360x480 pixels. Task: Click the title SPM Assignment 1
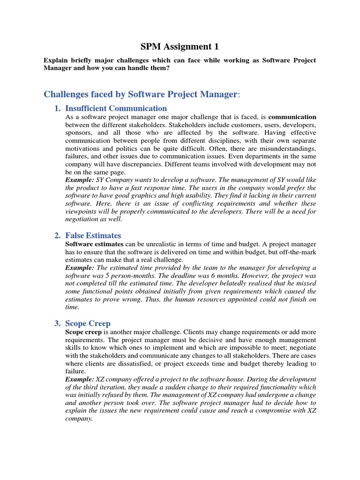(180, 46)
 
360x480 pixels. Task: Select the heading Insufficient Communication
(116, 108)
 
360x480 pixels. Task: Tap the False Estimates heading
(93, 235)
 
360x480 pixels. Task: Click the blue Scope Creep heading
(88, 323)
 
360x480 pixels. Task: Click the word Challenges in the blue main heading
(67, 94)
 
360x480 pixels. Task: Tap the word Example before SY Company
(78, 180)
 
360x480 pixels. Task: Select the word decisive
(217, 340)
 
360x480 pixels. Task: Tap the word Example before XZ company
(78, 379)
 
